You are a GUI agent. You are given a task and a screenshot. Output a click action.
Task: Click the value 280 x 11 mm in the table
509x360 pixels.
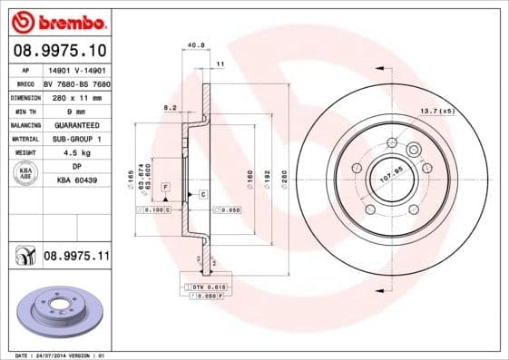click(x=75, y=96)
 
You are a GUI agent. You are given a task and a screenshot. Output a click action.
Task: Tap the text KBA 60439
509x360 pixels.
click(x=76, y=180)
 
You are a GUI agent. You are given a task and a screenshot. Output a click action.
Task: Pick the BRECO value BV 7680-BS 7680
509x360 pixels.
click(x=75, y=83)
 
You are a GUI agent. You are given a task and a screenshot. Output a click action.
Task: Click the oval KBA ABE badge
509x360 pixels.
click(x=24, y=174)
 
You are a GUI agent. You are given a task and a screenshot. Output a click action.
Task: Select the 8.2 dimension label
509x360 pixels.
click(x=170, y=106)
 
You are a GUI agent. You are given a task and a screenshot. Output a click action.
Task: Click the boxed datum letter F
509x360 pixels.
click(x=166, y=187)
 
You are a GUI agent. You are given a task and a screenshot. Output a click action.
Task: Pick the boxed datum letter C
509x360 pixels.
click(x=202, y=195)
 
